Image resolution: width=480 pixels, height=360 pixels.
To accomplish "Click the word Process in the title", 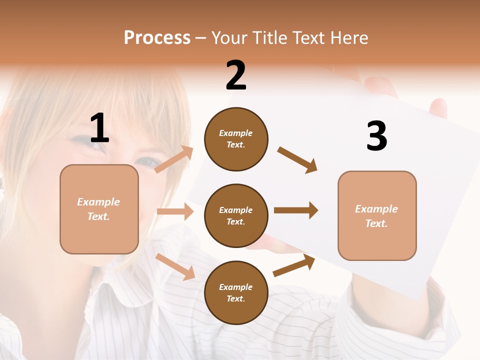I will [157, 38].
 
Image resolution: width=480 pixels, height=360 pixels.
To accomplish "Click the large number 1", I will [99, 128].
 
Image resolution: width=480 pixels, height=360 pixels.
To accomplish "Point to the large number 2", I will [236, 75].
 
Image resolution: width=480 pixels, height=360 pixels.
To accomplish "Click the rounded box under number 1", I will [99, 209].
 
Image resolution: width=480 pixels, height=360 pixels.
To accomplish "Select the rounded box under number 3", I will [377, 215].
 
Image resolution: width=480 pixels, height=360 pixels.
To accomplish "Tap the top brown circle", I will [236, 139].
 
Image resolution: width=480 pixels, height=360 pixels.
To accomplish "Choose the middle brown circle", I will [236, 215].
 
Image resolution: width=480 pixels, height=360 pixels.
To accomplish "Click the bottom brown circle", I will [236, 292].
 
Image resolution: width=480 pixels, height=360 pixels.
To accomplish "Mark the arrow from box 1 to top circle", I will [174, 159].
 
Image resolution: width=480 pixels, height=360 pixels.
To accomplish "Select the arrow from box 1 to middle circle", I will [175, 211].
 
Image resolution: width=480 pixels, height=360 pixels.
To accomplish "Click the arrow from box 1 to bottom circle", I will [175, 266].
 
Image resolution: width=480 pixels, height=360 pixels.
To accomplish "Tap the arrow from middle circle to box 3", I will [296, 210].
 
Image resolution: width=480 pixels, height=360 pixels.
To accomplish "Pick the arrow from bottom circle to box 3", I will [294, 265].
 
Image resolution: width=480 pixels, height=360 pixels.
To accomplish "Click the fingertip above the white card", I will [438, 106].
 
